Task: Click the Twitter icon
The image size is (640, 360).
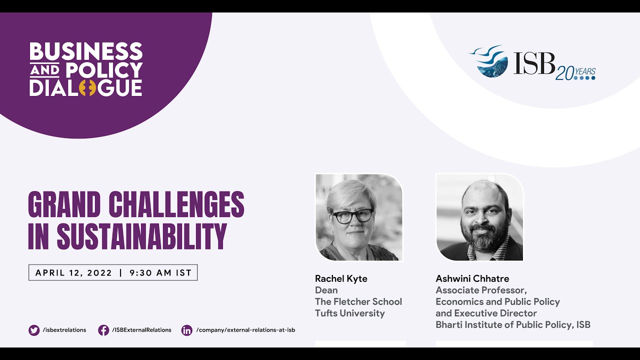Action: (x=34, y=330)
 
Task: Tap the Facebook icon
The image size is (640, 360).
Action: (x=103, y=330)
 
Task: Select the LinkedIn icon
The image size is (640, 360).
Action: (x=186, y=330)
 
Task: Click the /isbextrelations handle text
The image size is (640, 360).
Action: (x=64, y=330)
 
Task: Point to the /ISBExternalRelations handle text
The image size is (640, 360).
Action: (x=141, y=330)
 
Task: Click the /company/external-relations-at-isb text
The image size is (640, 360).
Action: (x=245, y=330)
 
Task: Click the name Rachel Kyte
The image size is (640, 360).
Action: (x=341, y=278)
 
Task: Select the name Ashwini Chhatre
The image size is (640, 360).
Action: (x=472, y=278)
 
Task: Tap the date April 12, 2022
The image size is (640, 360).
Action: (x=74, y=273)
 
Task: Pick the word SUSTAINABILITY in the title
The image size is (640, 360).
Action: (x=141, y=236)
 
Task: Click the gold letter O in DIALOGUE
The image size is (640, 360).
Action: (x=87, y=87)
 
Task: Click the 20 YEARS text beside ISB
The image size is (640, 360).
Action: (x=575, y=73)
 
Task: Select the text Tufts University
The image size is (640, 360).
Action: (x=349, y=313)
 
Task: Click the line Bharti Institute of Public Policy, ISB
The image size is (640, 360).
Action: (x=513, y=325)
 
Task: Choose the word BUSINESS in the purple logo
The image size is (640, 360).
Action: (x=86, y=52)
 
